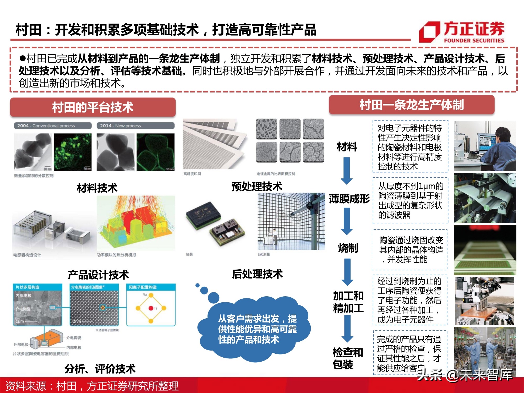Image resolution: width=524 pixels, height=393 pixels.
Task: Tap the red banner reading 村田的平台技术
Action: click(93, 107)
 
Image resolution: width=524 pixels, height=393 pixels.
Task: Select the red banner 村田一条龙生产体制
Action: click(412, 105)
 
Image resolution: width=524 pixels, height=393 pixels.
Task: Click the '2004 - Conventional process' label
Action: click(53, 126)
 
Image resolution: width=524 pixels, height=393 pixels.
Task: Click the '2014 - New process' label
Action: click(135, 126)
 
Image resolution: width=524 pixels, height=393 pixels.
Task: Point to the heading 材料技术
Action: click(97, 188)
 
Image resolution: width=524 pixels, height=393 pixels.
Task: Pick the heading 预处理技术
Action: click(256, 187)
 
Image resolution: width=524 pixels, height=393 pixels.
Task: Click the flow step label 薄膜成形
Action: click(349, 199)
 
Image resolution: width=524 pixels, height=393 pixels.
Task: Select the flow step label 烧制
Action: click(348, 248)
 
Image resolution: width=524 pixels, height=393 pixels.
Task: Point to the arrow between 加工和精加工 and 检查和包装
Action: click(347, 329)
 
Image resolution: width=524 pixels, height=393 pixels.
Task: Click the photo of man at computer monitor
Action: click(484, 146)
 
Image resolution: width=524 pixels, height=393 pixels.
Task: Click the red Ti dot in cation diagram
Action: click(151, 308)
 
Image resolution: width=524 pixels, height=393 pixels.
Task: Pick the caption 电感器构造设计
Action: click(27, 255)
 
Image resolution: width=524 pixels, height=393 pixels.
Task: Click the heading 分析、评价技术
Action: click(100, 369)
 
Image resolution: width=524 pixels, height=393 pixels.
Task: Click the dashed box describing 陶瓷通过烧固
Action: click(410, 250)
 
